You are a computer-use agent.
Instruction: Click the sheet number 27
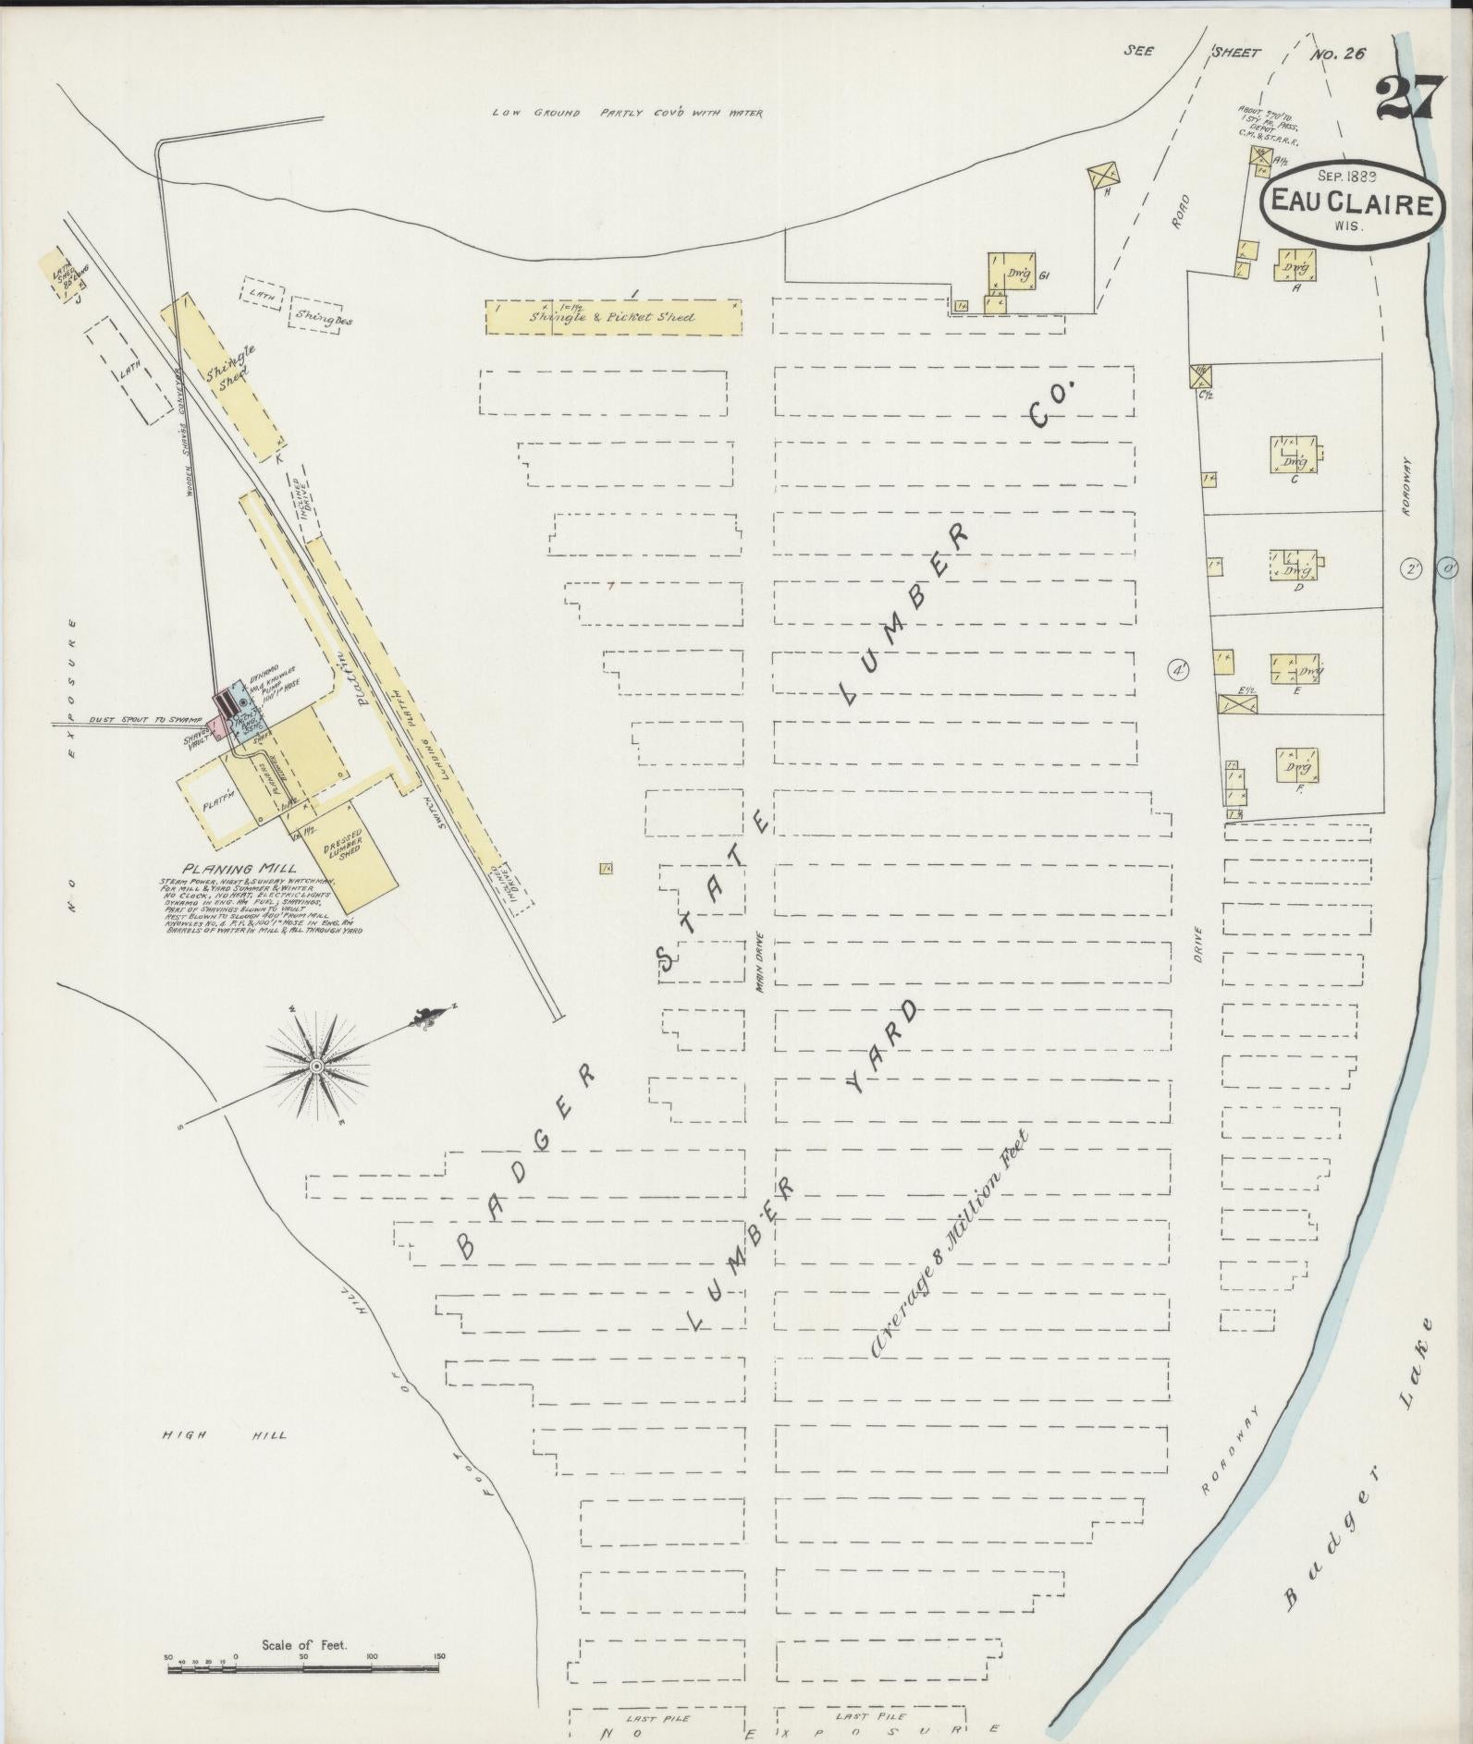coord(1409,99)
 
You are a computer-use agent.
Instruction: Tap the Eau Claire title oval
coord(1351,204)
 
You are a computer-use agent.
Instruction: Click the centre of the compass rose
coord(317,1066)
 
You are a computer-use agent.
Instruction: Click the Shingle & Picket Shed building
coord(612,317)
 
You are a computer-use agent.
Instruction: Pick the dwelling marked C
coord(1295,457)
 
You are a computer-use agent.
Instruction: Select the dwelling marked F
coord(1296,764)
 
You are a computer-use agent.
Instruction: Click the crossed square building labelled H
coord(1103,174)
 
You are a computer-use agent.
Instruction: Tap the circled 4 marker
coord(1178,669)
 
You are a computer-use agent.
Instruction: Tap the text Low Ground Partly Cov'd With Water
coord(628,114)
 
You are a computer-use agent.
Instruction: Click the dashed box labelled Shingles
coord(314,315)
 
